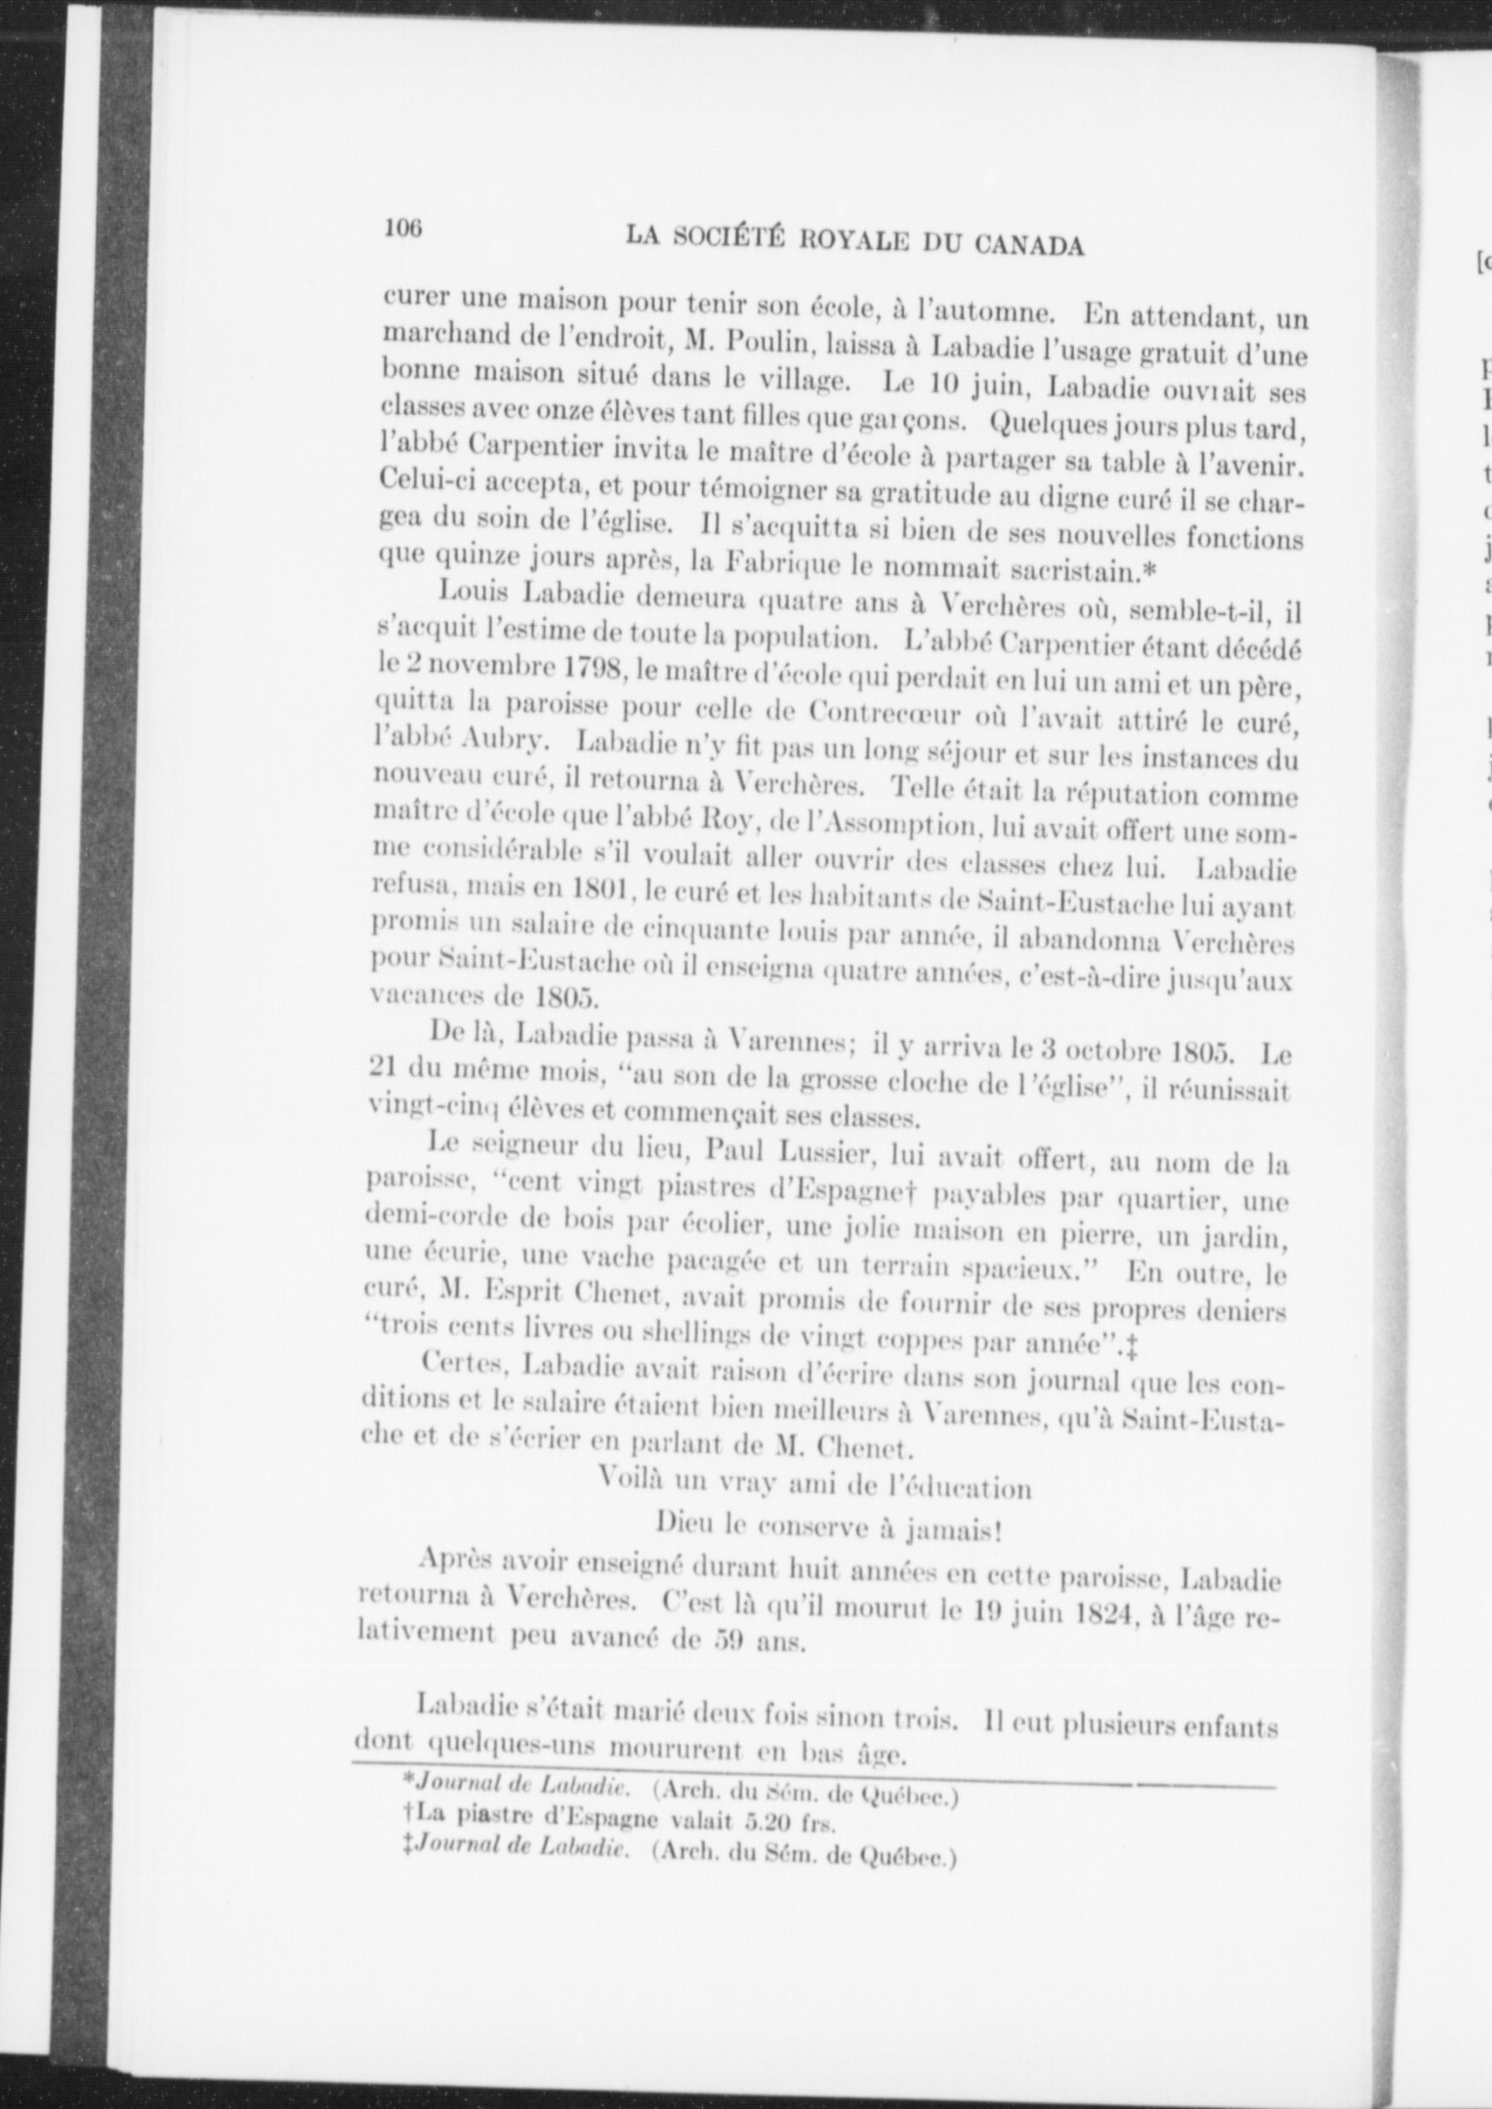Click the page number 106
coord(402,228)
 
